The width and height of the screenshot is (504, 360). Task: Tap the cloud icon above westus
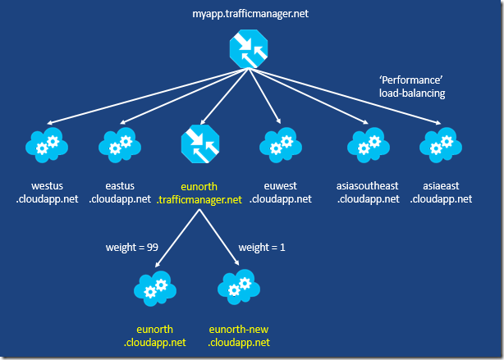[x=47, y=145]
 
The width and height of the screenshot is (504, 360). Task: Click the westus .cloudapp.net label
[x=47, y=192]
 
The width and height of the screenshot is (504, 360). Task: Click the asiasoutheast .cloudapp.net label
[x=366, y=192]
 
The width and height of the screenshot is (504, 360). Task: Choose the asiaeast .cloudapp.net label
[x=442, y=192]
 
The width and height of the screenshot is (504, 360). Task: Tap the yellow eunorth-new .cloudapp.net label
[x=239, y=335]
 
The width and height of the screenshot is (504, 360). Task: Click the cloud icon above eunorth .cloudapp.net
[x=156, y=288]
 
